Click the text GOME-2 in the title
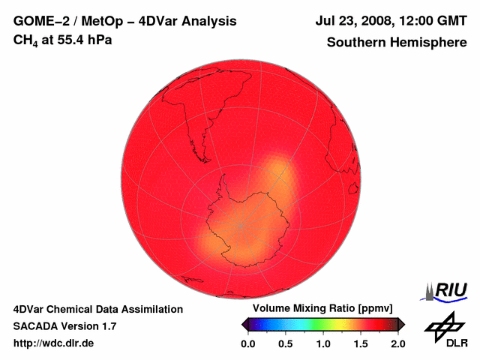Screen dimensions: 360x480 pyautogui.click(x=41, y=22)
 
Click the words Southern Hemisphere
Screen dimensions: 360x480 pyautogui.click(x=397, y=43)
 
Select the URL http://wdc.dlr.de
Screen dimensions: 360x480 pyautogui.click(x=54, y=343)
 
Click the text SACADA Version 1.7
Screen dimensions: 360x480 pyautogui.click(x=64, y=326)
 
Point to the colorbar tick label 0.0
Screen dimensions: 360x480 pyautogui.click(x=247, y=343)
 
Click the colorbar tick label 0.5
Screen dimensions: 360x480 pyautogui.click(x=285, y=343)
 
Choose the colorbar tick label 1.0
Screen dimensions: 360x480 pyautogui.click(x=322, y=343)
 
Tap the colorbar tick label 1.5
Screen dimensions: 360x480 pyautogui.click(x=360, y=343)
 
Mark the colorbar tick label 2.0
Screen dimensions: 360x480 pyautogui.click(x=397, y=343)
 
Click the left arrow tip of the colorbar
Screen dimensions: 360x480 pyautogui.click(x=243, y=324)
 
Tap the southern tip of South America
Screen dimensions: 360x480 pyautogui.click(x=201, y=148)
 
